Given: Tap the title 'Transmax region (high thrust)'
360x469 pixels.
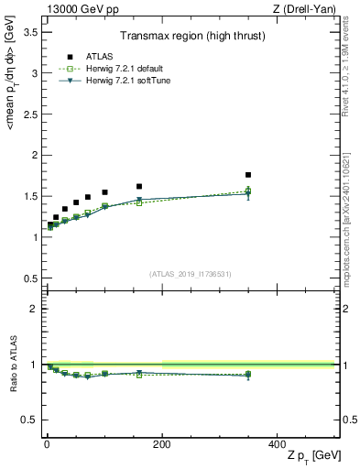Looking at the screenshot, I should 190,38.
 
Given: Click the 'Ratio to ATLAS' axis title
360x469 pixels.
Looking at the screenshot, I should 13,364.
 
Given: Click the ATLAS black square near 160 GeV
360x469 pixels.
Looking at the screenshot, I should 139,186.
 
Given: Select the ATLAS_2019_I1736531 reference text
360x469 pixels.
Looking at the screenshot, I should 190,273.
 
